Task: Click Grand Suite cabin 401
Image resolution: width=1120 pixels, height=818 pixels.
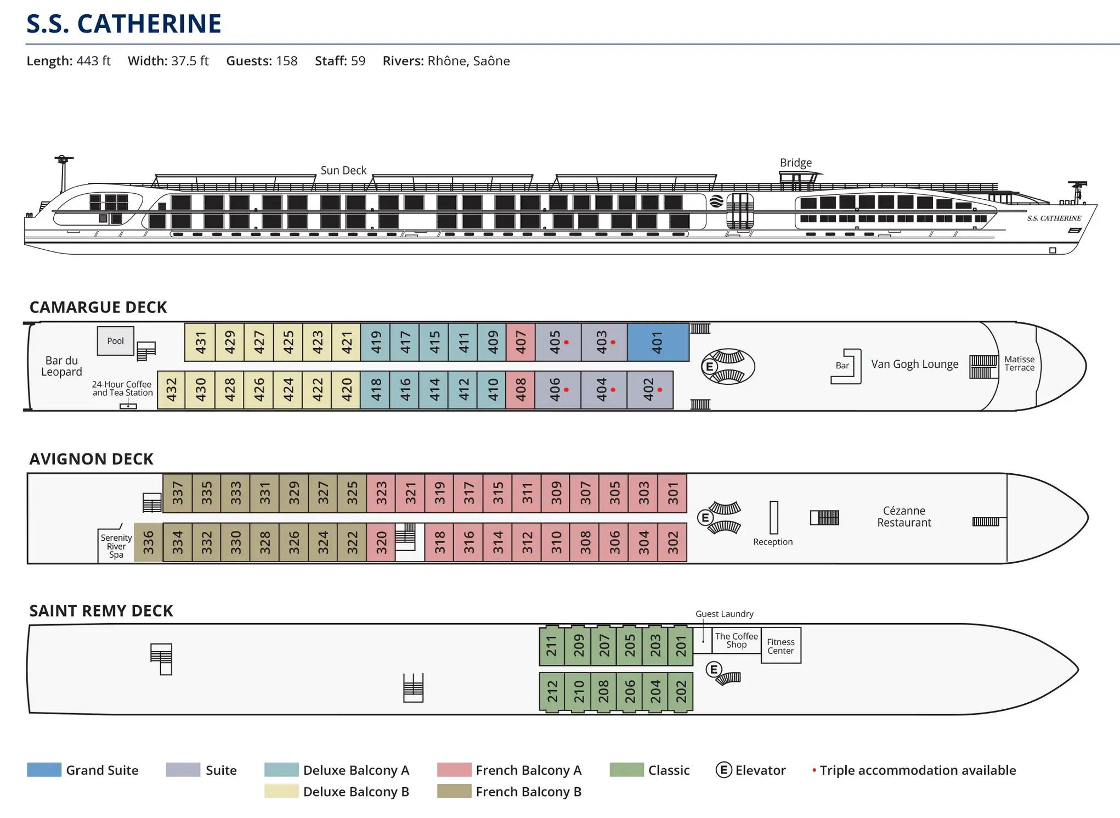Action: click(x=658, y=342)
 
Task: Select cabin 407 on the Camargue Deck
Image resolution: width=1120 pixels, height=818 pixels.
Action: click(x=521, y=342)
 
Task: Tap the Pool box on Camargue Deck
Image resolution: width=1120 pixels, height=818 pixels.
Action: click(x=115, y=341)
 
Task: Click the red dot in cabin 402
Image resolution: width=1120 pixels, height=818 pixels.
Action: click(x=660, y=390)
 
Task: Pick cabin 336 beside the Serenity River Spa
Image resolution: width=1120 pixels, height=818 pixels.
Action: click(x=148, y=542)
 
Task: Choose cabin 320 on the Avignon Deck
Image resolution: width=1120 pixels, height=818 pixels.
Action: click(x=381, y=542)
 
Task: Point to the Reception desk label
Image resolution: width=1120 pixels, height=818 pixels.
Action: click(x=772, y=542)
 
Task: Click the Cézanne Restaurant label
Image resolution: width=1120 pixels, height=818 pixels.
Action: click(x=904, y=517)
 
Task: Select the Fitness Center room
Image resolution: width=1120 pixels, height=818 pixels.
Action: click(x=780, y=646)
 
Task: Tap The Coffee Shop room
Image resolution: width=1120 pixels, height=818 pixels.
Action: click(x=736, y=640)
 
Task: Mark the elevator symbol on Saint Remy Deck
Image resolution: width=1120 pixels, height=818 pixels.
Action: click(x=714, y=669)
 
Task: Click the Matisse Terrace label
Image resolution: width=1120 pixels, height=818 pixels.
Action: click(x=1019, y=363)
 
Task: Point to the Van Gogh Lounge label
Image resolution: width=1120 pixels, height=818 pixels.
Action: click(x=914, y=364)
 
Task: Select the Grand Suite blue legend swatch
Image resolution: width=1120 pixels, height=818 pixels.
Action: click(x=44, y=770)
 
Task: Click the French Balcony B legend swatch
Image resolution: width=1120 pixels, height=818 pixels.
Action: click(x=454, y=791)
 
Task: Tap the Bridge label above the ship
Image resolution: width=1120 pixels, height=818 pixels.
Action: click(x=795, y=163)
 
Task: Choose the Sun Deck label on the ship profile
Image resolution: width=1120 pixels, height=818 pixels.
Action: click(x=343, y=170)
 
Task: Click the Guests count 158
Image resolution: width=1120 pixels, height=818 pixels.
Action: click(x=286, y=61)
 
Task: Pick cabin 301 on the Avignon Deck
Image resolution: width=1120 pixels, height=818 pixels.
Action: click(x=672, y=493)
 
